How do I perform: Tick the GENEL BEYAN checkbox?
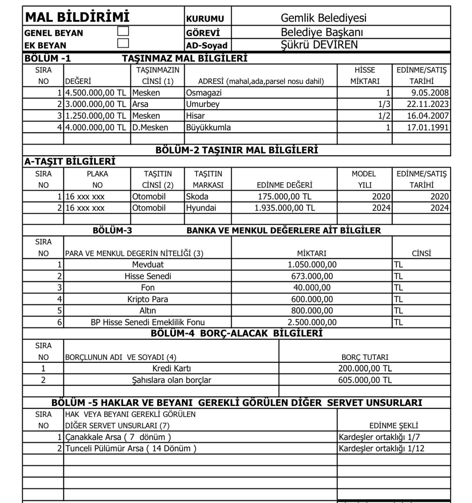(123, 31)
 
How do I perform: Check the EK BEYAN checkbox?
(123, 43)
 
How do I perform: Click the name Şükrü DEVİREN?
(319, 45)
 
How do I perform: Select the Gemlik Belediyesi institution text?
(323, 18)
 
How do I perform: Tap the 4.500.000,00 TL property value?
(95, 92)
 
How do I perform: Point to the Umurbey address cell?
(203, 104)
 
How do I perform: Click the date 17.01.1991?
(428, 127)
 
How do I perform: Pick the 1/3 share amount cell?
(384, 104)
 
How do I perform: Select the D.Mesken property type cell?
(150, 127)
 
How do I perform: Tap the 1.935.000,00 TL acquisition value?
(284, 208)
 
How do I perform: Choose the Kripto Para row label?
(147, 299)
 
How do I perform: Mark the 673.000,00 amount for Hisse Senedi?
(312, 276)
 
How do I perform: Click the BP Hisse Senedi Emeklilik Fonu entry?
(147, 322)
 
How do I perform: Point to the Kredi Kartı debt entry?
(171, 368)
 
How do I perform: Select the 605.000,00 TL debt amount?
(365, 380)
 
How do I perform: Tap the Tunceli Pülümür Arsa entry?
(131, 448)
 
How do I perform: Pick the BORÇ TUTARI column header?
(365, 357)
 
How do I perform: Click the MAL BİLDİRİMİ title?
(77, 17)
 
